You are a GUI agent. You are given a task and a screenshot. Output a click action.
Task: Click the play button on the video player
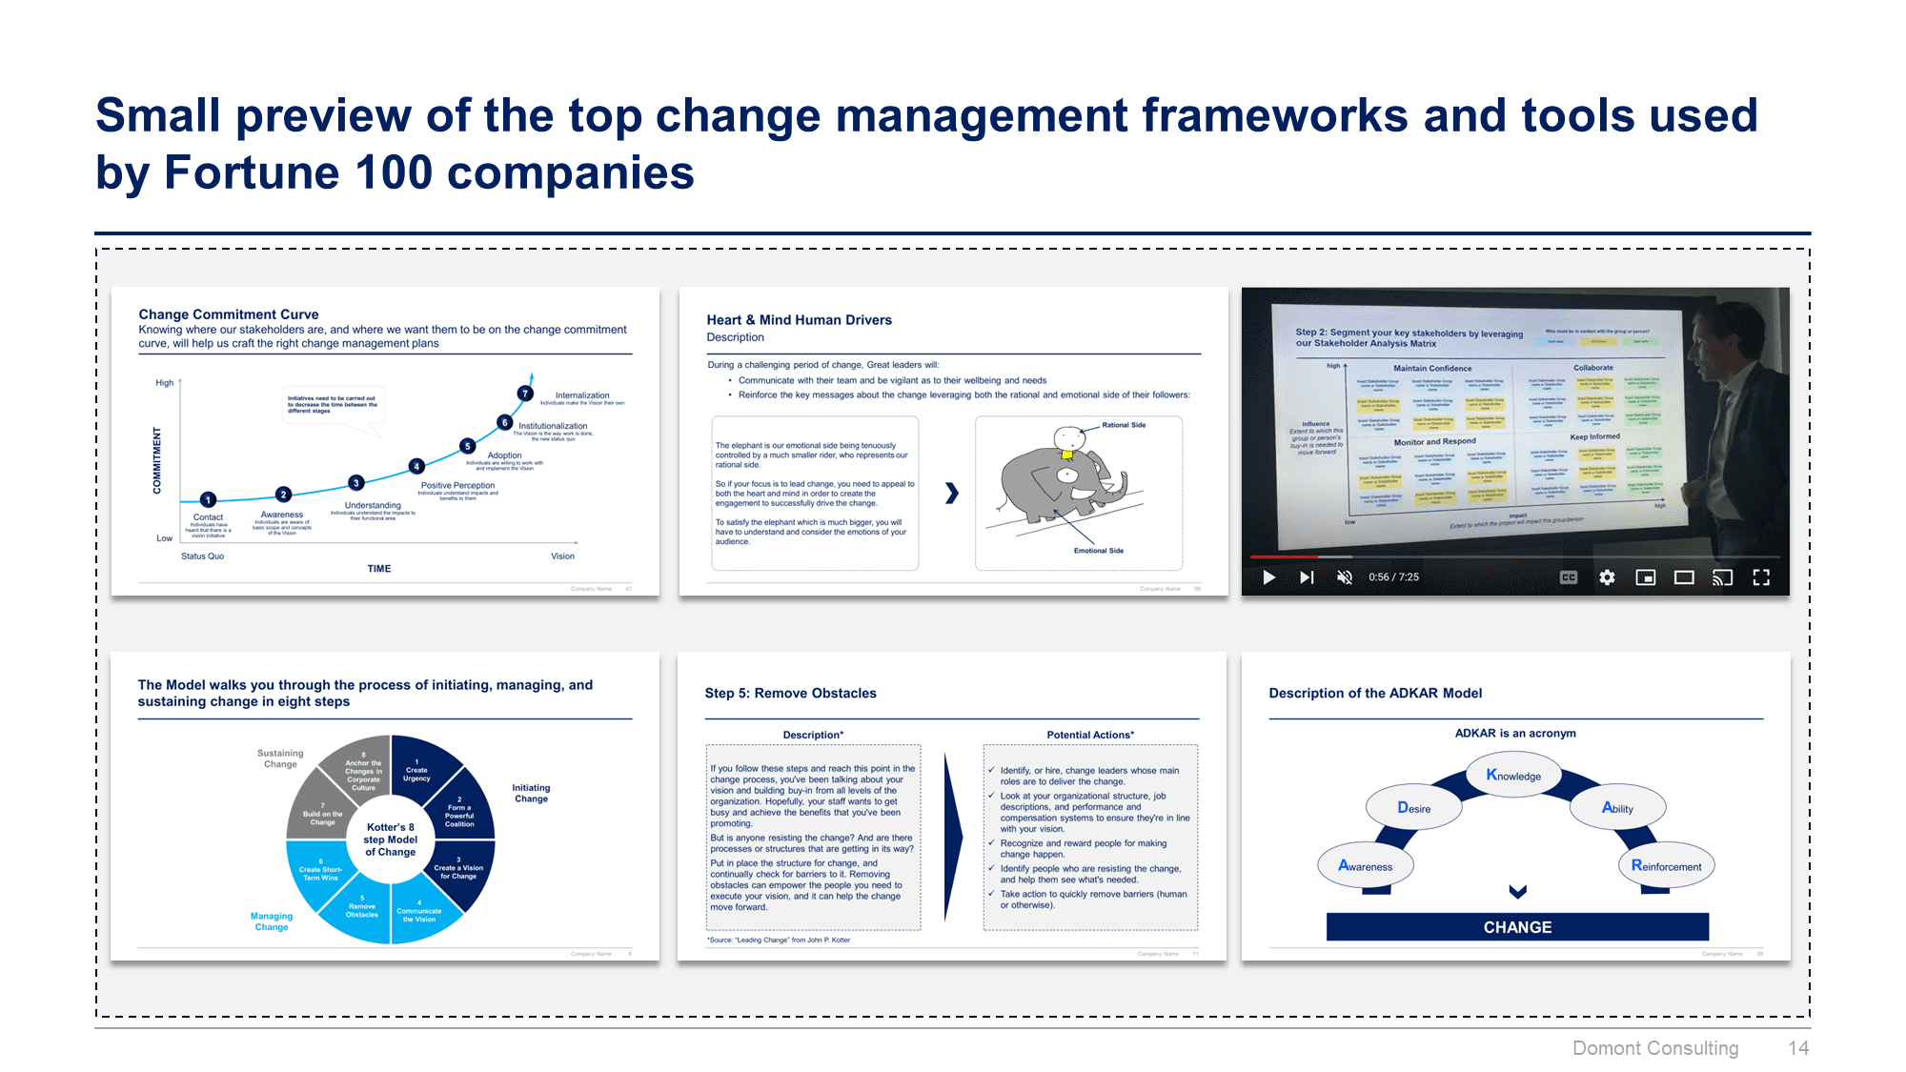point(1268,577)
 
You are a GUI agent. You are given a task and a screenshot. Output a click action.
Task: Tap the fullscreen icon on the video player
point(1761,577)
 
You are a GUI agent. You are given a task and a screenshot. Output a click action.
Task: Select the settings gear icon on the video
point(1607,577)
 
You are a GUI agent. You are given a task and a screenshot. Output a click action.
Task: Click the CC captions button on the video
point(1568,577)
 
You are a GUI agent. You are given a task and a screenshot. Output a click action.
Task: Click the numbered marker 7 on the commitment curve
point(525,394)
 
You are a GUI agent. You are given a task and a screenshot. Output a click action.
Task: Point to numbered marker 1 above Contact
point(209,499)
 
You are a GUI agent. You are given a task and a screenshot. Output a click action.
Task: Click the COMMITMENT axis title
point(157,460)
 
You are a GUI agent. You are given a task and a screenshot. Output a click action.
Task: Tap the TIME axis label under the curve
point(379,569)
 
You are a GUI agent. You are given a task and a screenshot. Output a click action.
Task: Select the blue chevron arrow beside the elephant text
point(951,493)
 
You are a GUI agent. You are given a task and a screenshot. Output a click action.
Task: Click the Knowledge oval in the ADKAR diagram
point(1513,776)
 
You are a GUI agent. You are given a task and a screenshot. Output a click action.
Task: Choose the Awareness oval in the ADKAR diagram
point(1365,866)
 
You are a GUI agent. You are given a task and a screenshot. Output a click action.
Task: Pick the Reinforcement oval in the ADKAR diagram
point(1666,866)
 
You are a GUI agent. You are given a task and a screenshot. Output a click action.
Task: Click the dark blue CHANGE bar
point(1517,927)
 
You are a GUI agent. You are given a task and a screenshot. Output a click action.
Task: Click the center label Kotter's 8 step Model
point(391,839)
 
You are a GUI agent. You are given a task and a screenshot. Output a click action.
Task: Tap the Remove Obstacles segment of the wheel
point(362,909)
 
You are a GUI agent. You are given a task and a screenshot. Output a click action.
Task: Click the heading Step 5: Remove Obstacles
point(790,693)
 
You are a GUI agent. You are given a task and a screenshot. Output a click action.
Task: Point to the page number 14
point(1797,1048)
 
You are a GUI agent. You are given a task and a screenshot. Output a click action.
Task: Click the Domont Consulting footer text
point(1655,1048)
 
